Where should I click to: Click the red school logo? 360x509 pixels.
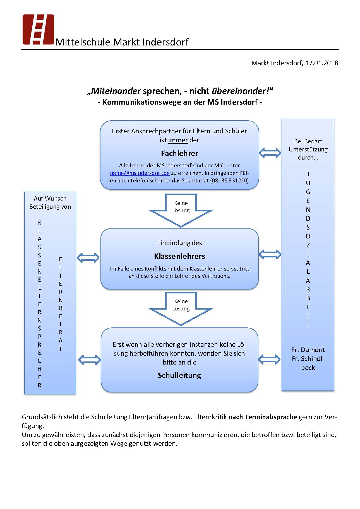pos(38,29)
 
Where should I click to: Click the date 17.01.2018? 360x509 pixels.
pos(321,63)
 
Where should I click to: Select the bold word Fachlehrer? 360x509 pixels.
pos(179,153)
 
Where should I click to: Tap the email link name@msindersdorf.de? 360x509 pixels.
pos(140,173)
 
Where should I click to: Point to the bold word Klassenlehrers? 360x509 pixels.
pos(179,256)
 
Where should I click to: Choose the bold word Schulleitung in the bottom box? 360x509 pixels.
pos(179,375)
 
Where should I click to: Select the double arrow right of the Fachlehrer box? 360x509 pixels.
pos(270,153)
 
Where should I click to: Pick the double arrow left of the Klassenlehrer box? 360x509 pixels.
pos(88,258)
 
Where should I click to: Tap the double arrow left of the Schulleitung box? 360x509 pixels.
pos(89,360)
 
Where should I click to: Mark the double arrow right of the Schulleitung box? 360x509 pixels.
pos(269,360)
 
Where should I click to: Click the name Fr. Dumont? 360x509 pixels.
pos(308,350)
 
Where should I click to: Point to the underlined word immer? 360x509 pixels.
pos(178,140)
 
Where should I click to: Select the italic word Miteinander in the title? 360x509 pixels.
pos(116,91)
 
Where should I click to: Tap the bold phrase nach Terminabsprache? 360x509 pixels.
pos(263,417)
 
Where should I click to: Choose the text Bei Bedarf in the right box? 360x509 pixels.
pos(308,141)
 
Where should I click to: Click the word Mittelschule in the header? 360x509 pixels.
pos(83,42)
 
